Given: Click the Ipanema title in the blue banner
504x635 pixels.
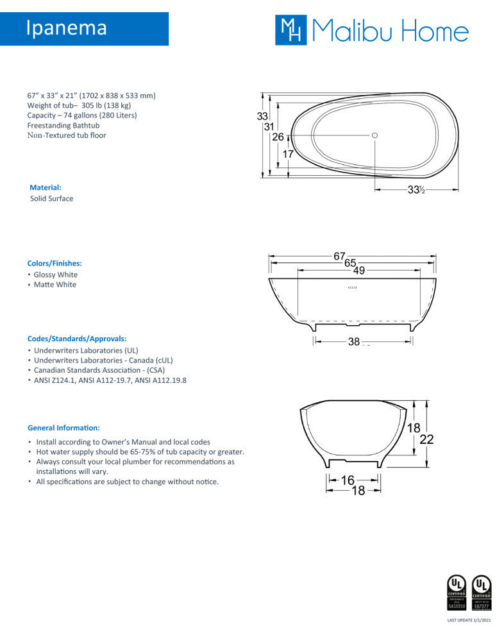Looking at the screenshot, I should [67, 28].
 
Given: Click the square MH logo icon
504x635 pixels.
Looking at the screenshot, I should [290, 30].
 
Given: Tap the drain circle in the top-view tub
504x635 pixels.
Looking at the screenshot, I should [375, 135].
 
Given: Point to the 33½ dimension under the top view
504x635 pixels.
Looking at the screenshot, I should [417, 189].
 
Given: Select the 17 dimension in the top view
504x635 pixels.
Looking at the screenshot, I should [287, 154].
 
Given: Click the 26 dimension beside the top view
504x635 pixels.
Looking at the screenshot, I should [278, 137].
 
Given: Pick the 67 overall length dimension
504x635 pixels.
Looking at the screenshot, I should [339, 256].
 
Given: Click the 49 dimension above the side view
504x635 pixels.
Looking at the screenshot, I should [358, 271].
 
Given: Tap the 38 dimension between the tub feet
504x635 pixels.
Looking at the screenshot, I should [354, 342].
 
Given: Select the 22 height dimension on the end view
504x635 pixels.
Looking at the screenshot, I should [426, 439].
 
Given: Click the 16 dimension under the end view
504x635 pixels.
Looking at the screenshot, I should [348, 479].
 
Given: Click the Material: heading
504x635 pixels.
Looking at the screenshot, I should [46, 188].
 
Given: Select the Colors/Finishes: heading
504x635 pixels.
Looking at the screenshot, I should [55, 263].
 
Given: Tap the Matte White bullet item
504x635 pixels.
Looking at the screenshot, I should [55, 285].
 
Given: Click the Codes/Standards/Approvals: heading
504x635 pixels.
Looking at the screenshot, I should [76, 338].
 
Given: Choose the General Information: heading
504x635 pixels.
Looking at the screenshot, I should [63, 427].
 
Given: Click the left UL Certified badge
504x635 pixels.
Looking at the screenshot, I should [456, 593].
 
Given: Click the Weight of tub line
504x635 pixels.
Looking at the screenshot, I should [79, 105].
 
